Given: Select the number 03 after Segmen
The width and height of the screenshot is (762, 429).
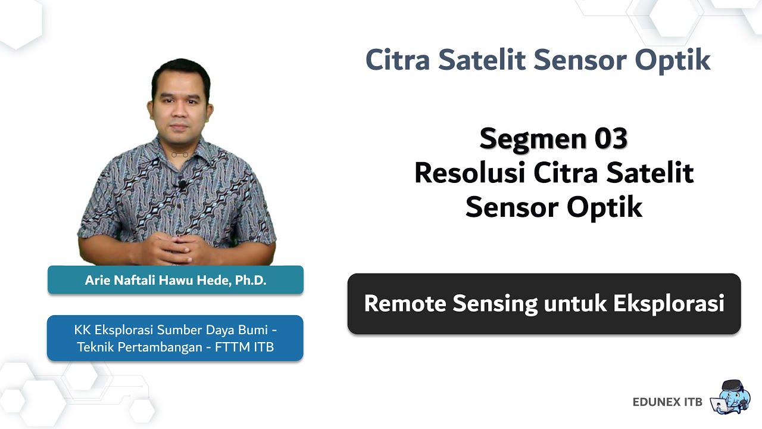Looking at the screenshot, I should [610, 139].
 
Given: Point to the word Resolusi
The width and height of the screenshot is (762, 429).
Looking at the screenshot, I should [469, 173].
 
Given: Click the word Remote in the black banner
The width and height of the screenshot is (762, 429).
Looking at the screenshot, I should [405, 303].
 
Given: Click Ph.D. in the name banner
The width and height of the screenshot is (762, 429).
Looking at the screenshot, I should [251, 281].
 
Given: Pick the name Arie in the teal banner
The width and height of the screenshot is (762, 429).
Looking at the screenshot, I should [97, 281].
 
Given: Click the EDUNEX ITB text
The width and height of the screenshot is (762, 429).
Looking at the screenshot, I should [667, 402].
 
